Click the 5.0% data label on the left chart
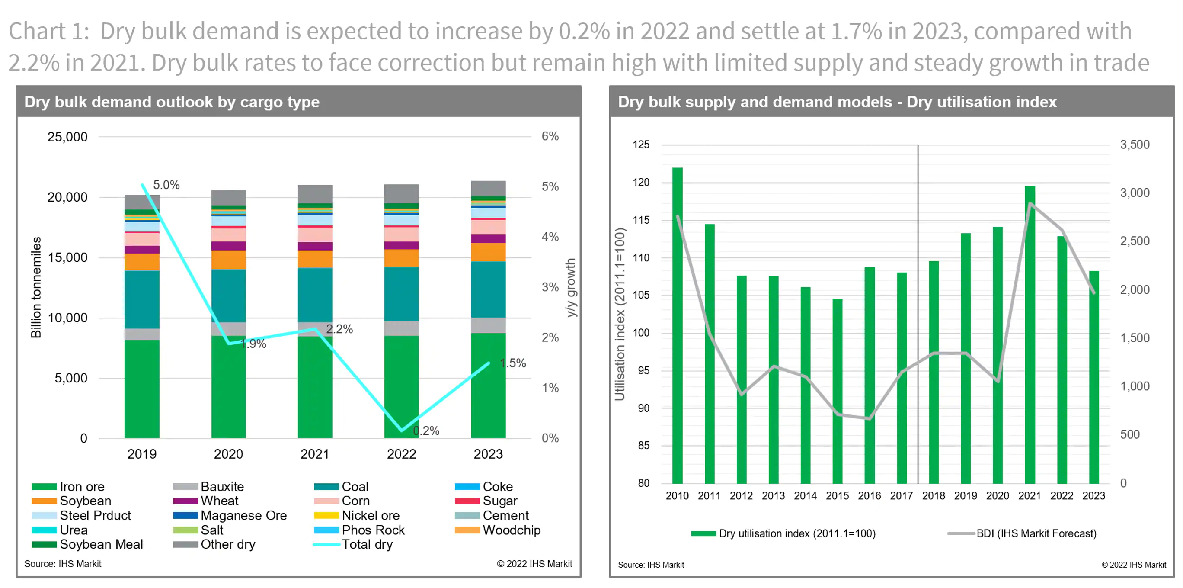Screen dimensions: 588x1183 point(166,185)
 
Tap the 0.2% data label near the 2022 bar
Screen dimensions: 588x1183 point(426,431)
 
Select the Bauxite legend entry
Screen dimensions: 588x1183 point(222,486)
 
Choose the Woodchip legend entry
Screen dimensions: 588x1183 point(511,530)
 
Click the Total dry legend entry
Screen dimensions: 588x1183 point(367,544)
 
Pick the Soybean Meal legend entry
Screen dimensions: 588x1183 point(101,544)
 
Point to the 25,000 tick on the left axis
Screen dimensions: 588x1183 point(67,137)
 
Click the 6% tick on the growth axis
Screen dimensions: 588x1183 point(550,136)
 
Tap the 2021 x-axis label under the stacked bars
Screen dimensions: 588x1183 point(315,454)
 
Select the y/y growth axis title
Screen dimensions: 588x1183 point(570,288)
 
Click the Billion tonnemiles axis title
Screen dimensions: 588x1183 point(36,288)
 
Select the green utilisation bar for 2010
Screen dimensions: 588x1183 point(678,325)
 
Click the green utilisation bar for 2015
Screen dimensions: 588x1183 point(837,390)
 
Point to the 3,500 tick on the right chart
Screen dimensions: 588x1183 point(1134,145)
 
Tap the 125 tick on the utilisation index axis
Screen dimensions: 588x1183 point(641,145)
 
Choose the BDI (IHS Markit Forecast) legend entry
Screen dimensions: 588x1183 point(1036,533)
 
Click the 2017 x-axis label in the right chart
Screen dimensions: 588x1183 point(901,496)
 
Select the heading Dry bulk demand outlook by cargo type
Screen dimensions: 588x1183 point(172,102)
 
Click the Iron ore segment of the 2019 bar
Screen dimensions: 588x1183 point(142,389)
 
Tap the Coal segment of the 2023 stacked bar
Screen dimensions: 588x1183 point(488,289)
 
